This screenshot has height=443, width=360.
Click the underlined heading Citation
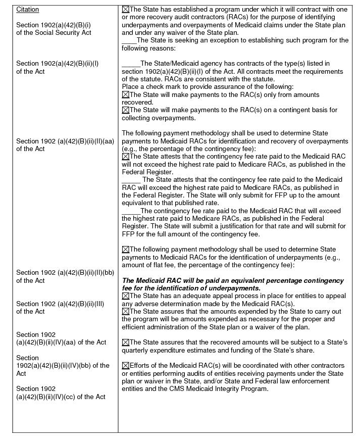point(27,10)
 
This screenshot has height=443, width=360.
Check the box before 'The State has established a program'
point(126,10)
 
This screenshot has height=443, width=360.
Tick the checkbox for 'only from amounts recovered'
point(126,94)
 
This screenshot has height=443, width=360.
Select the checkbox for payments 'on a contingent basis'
point(126,110)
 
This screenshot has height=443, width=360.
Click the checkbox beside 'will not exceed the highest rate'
point(126,157)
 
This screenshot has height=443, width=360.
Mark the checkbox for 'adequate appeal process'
point(126,296)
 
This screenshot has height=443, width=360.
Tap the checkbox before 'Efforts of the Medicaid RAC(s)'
point(126,366)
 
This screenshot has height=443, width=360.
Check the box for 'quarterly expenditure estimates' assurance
point(126,342)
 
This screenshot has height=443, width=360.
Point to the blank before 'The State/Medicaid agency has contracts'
point(131,64)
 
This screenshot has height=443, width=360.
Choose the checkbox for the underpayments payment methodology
point(126,250)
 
